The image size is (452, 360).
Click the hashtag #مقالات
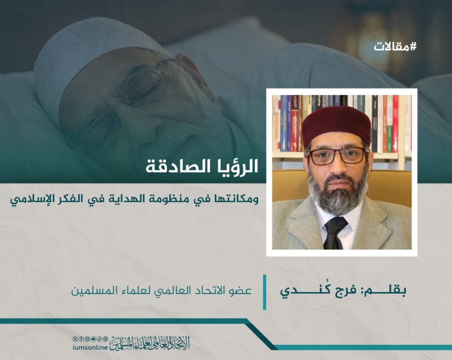[395, 46]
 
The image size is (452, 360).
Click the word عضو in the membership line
[242, 291]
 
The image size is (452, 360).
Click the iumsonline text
[90, 348]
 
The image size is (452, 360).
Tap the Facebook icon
[81, 339]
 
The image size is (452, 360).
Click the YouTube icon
[93, 339]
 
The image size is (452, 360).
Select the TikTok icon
[99, 339]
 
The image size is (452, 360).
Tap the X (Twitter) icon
[75, 339]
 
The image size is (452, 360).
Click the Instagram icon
[87, 339]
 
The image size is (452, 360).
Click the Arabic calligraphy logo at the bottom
[150, 344]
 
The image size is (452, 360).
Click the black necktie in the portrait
[335, 232]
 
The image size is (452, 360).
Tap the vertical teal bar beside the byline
[265, 292]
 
